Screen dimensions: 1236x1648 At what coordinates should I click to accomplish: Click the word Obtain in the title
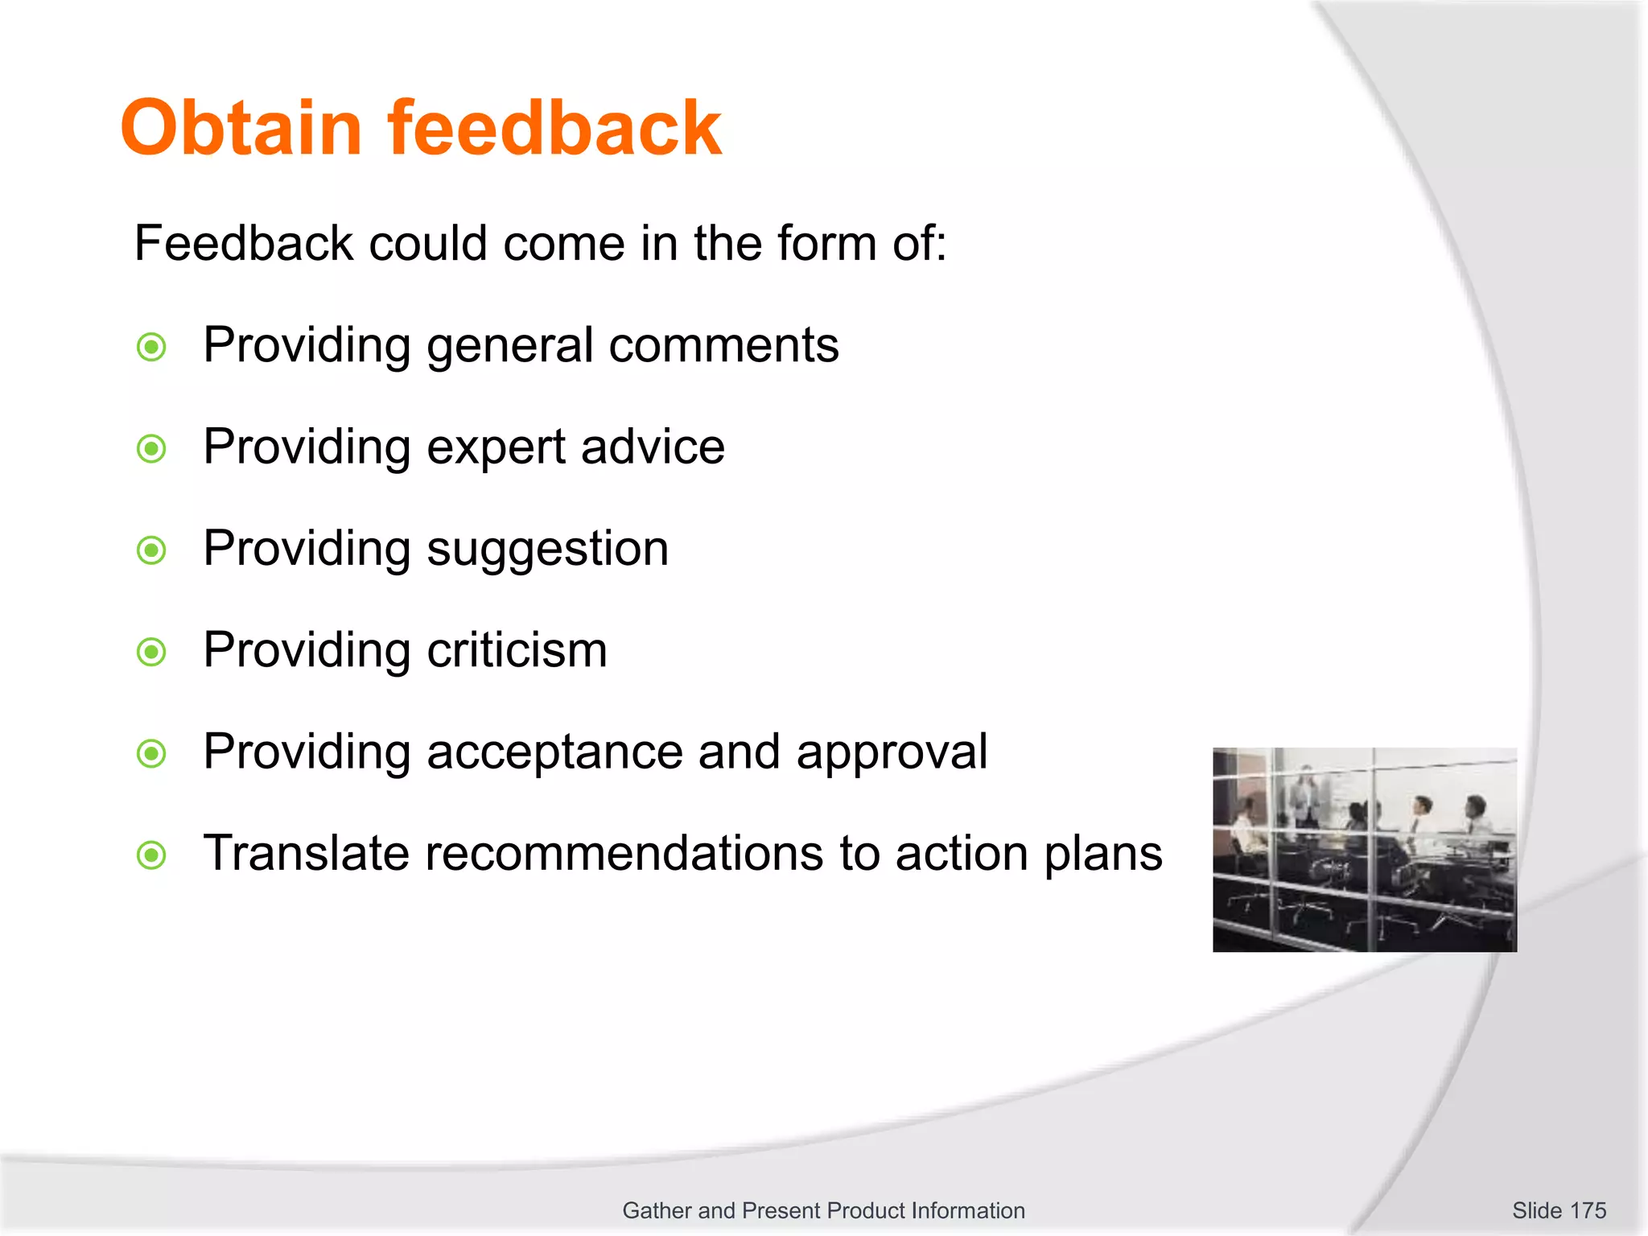coord(241,128)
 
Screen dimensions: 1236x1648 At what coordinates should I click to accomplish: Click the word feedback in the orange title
coord(554,128)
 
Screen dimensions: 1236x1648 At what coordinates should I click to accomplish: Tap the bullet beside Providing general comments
coord(151,348)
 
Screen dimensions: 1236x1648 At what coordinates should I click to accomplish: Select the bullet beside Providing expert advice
coord(151,449)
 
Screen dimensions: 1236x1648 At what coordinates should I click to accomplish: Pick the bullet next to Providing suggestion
coord(151,551)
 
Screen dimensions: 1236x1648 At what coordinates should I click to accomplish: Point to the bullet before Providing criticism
coord(151,652)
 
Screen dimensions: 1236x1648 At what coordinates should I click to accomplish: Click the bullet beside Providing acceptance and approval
coord(151,754)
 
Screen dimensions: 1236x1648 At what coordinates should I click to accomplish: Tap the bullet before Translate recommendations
coord(151,855)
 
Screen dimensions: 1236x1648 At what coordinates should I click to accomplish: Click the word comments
coord(723,346)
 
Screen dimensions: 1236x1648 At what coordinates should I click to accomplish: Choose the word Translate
coord(306,853)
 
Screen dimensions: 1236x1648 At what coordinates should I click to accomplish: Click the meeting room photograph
coord(1365,850)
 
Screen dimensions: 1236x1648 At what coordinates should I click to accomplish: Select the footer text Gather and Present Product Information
coord(823,1210)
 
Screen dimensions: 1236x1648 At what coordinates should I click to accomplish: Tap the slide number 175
coord(1587,1210)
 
